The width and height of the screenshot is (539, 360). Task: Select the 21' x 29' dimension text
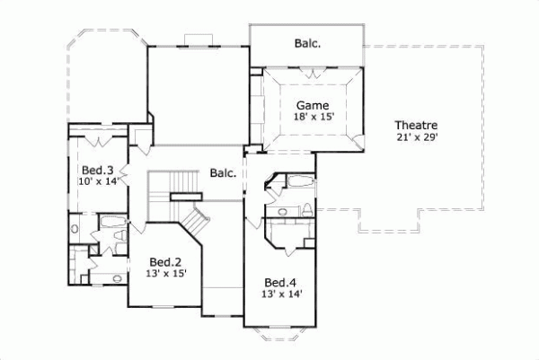click(x=415, y=136)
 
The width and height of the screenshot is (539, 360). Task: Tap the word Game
click(x=314, y=104)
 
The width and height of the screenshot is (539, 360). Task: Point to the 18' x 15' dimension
click(x=314, y=116)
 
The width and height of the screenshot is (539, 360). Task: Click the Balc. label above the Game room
click(x=306, y=43)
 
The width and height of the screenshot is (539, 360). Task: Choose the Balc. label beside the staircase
click(x=223, y=172)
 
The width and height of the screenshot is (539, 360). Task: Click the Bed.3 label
click(x=97, y=169)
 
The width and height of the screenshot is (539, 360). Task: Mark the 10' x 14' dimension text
click(x=97, y=180)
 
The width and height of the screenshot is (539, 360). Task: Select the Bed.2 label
click(x=166, y=262)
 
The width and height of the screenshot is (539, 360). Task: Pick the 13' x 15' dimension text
click(x=166, y=274)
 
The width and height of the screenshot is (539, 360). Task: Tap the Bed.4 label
click(x=280, y=280)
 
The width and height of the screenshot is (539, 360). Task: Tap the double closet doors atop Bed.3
click(x=98, y=142)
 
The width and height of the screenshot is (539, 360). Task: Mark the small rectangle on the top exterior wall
click(x=198, y=39)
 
